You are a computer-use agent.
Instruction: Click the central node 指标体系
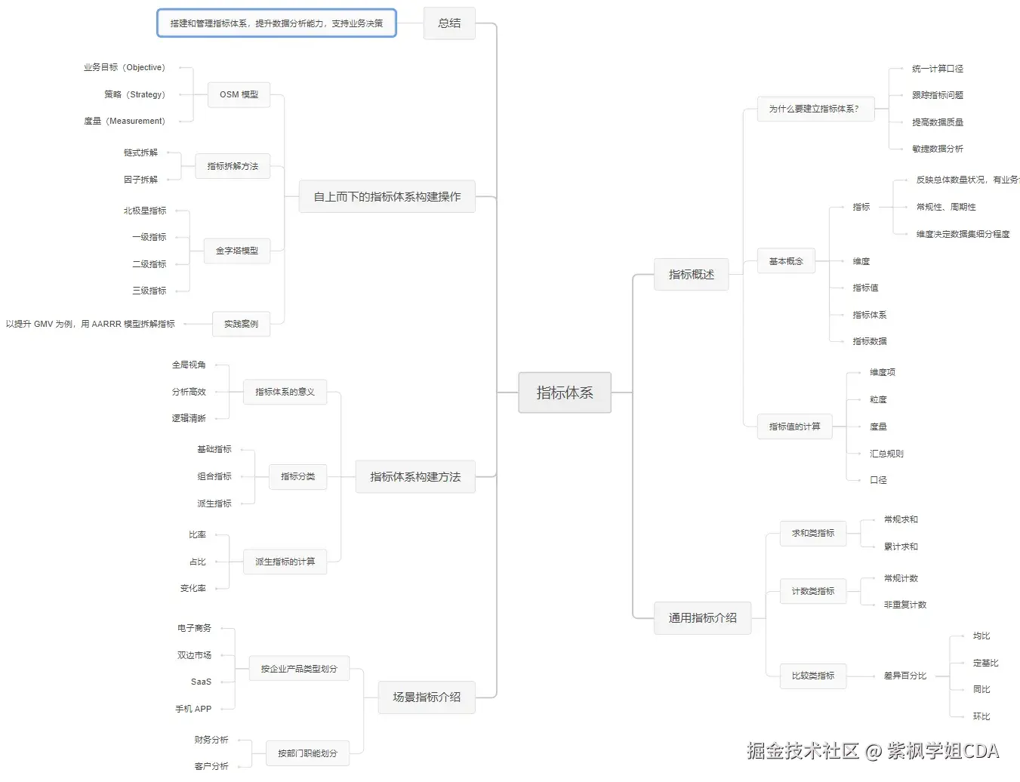[564, 393]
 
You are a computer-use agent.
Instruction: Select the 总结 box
[449, 23]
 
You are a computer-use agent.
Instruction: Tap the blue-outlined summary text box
[276, 23]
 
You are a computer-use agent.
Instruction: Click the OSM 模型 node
[239, 94]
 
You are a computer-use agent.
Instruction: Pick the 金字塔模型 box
[237, 251]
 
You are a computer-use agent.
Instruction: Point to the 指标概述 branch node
[691, 274]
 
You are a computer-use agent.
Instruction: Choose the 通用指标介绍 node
[702, 617]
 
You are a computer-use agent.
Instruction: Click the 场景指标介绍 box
[427, 697]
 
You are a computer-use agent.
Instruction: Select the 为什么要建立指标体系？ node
[814, 109]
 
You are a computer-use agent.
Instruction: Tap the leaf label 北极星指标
[145, 211]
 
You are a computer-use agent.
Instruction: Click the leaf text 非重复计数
[904, 605]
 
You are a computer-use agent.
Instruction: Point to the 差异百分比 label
[904, 676]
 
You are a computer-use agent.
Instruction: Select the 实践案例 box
[241, 324]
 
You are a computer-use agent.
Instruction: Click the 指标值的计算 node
[794, 426]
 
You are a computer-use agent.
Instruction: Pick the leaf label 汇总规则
[886, 454]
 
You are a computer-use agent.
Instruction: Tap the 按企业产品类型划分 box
[299, 669]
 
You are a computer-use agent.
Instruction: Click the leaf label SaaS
[201, 682]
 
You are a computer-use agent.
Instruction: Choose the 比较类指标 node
[813, 676]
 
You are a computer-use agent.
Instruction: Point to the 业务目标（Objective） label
[124, 67]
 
